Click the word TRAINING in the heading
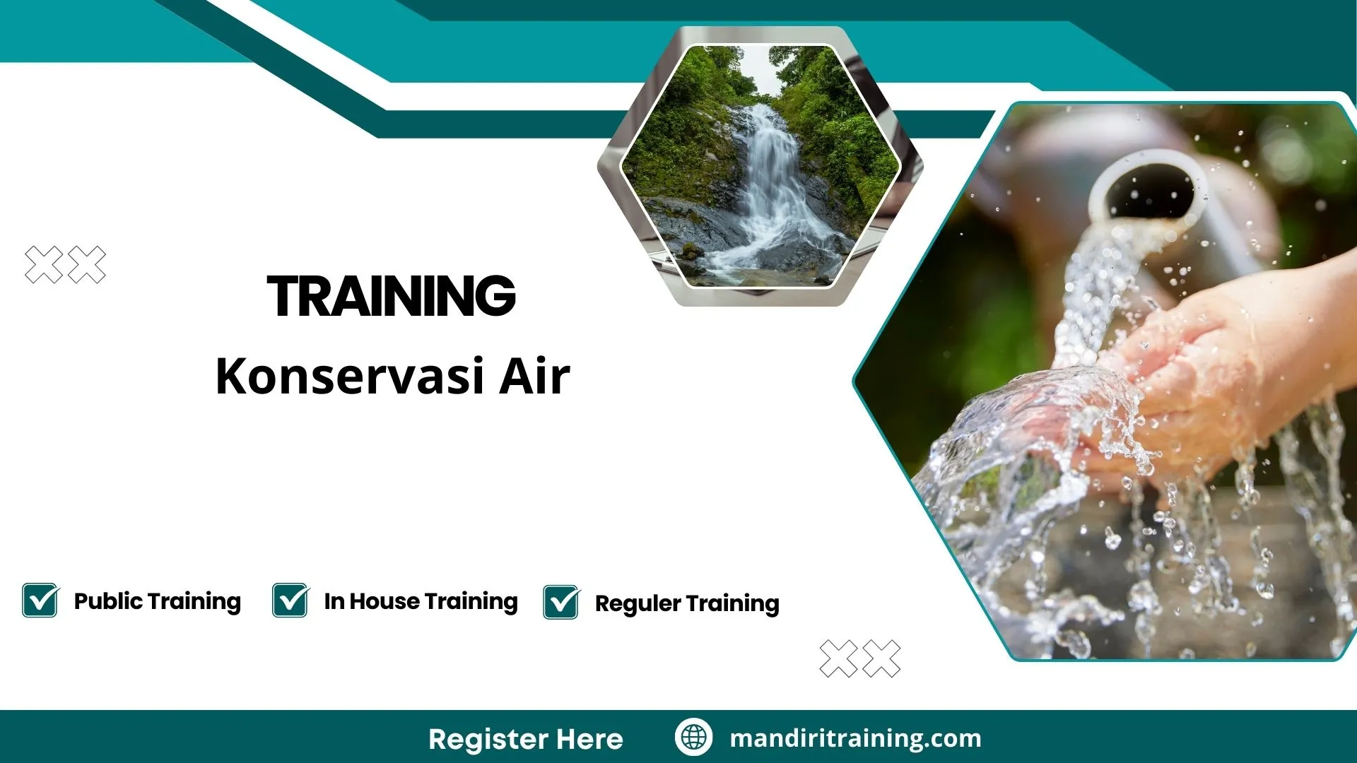tap(392, 296)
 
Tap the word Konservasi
tap(350, 377)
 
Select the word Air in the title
tap(534, 377)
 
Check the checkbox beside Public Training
tap(40, 601)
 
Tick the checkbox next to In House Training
tap(290, 601)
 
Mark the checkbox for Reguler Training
tap(561, 603)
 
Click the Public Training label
tap(157, 601)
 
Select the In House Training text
tap(421, 601)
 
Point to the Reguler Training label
tap(687, 603)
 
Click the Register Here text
tap(525, 739)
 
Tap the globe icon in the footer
tap(693, 738)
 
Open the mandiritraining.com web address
tap(855, 738)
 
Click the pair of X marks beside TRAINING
tap(65, 265)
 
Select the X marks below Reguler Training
tap(860, 658)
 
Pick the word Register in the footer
tap(488, 739)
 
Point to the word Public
tap(108, 601)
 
